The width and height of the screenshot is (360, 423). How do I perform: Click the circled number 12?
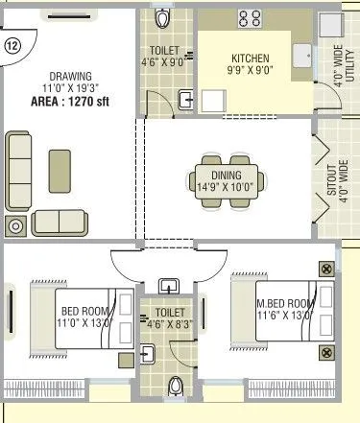click(x=12, y=45)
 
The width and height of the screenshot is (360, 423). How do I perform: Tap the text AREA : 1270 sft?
click(x=70, y=100)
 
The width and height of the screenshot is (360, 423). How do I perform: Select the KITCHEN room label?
click(x=250, y=57)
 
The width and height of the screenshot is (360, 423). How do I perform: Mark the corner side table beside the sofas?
click(x=16, y=226)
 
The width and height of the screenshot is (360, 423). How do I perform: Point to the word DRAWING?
click(x=70, y=75)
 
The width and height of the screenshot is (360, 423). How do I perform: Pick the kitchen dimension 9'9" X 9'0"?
click(x=250, y=70)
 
